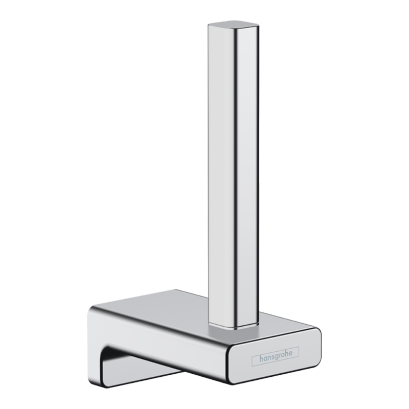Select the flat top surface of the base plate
(x=169, y=312)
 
